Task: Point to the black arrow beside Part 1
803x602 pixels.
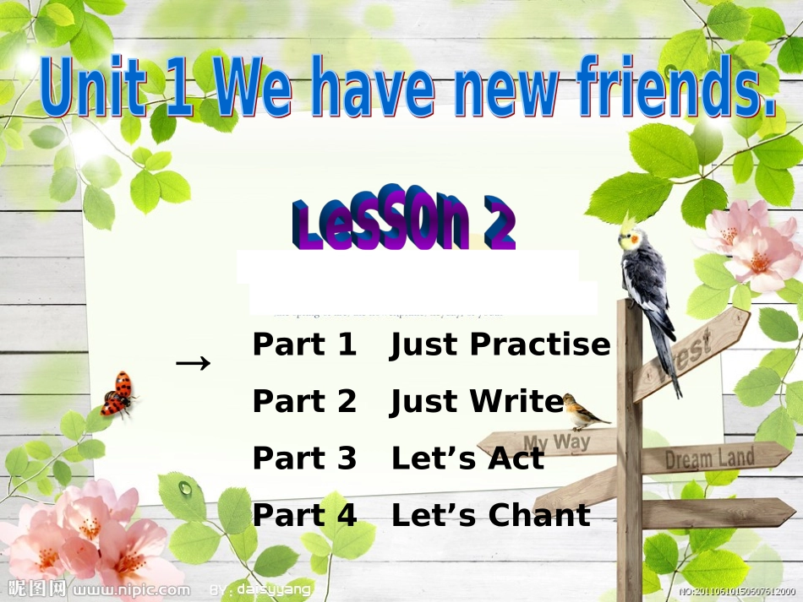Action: pos(193,363)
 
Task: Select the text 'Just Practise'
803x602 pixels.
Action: pos(500,345)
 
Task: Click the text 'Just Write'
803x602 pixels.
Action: pos(477,402)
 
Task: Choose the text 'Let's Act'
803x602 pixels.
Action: pos(467,458)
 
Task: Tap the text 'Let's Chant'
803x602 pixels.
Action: pos(490,515)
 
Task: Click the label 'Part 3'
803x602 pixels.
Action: pos(304,458)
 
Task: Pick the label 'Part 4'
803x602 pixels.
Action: pos(304,515)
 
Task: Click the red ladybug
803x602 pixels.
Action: pos(117,395)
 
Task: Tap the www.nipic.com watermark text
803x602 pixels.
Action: pos(131,589)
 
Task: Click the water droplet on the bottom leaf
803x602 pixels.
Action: pos(185,487)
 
